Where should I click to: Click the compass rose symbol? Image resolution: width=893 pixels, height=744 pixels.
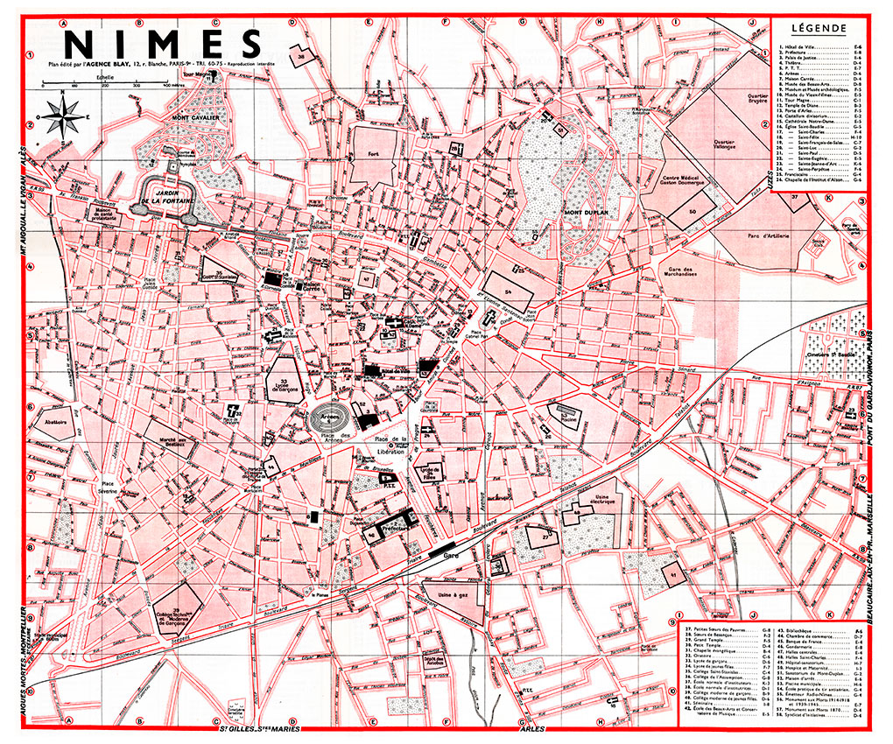click(x=60, y=116)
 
